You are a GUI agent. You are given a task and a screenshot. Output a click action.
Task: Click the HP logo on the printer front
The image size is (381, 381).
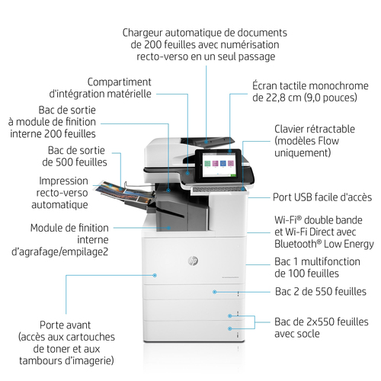point(194,261)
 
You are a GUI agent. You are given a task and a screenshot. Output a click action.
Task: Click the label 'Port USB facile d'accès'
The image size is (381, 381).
point(322,197)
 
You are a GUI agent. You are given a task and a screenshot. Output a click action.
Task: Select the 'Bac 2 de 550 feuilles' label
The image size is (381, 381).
point(321,292)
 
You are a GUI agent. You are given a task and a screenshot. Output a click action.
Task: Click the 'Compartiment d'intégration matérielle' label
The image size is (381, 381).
point(101,88)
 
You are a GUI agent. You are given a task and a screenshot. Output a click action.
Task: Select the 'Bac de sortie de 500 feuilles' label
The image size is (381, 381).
point(75,156)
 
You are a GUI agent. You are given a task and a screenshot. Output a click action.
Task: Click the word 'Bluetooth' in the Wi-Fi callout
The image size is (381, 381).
point(296,244)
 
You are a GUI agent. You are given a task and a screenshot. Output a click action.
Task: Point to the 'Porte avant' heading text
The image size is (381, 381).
point(65,325)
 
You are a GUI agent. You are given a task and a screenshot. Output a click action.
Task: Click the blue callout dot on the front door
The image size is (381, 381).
point(155,275)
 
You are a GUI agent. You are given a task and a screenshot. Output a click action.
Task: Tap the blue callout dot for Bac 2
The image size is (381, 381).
point(215,292)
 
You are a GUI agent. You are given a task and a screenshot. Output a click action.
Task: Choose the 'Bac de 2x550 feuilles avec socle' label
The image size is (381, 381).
point(322,328)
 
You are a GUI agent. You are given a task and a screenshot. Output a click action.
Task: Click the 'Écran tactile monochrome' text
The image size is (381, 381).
point(310,86)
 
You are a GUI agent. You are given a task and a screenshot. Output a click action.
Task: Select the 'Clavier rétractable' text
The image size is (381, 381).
point(315,129)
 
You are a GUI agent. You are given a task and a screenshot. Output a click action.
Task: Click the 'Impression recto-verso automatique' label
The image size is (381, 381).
point(60,193)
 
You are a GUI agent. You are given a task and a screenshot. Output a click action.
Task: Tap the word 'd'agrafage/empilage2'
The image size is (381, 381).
point(60,251)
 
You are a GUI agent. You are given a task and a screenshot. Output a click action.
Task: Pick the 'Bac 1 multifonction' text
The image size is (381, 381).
point(317,261)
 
